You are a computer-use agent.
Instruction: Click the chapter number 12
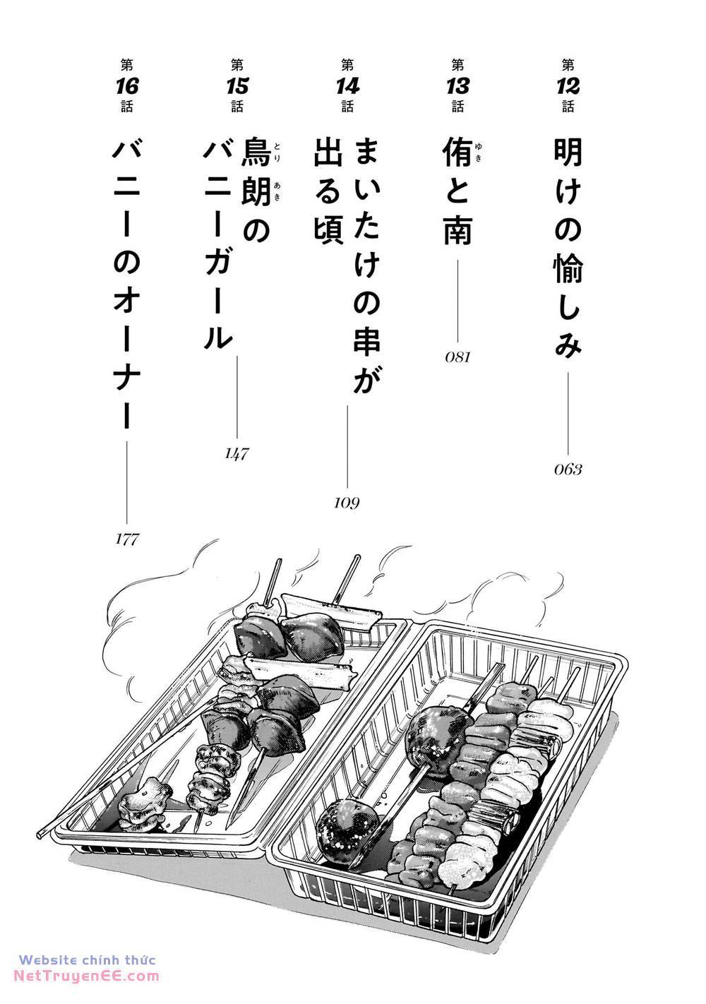pyautogui.click(x=568, y=86)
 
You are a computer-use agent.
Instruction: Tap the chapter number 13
pyautogui.click(x=457, y=86)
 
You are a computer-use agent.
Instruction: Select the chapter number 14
pyautogui.click(x=347, y=86)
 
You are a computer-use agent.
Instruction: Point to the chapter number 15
pyautogui.click(x=237, y=86)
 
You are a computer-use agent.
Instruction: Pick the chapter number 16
pyautogui.click(x=127, y=86)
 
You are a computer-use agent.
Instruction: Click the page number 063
pyautogui.click(x=568, y=470)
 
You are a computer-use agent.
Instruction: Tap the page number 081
pyautogui.click(x=457, y=357)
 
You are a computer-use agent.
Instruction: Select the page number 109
pyautogui.click(x=347, y=503)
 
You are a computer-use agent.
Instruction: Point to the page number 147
pyautogui.click(x=237, y=454)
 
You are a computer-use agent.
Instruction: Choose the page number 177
pyautogui.click(x=127, y=539)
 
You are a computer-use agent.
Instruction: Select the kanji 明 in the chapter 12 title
pyautogui.click(x=568, y=153)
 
